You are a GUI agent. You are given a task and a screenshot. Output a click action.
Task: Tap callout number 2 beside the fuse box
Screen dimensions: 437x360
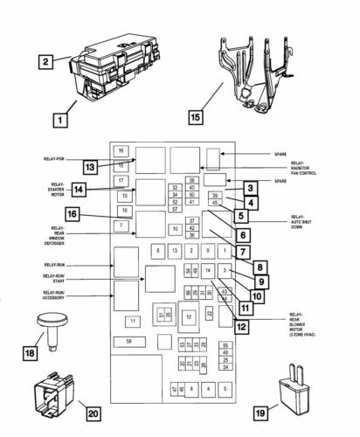(45, 61)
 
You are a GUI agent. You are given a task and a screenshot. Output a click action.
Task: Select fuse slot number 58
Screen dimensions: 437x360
(129, 341)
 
